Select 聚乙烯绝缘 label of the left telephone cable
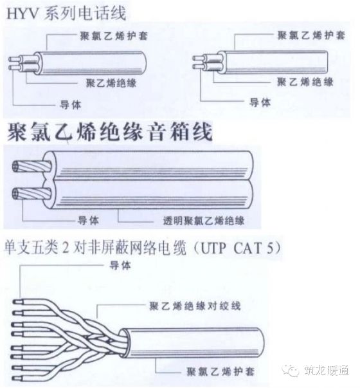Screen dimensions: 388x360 tap(111, 83)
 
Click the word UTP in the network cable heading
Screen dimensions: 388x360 tap(212, 246)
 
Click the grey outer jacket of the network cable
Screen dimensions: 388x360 tap(212, 341)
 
